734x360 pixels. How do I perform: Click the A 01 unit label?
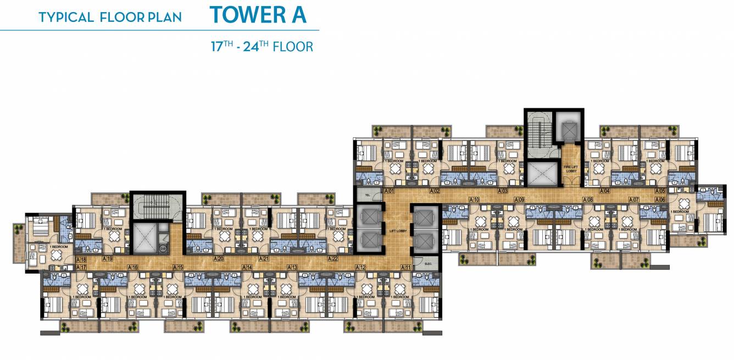point(390,191)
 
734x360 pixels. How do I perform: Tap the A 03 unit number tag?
point(502,191)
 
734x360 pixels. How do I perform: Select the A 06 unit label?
point(660,200)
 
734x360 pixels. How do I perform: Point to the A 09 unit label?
point(519,200)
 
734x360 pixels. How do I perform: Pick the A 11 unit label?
point(406,267)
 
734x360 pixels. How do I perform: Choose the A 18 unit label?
point(81,259)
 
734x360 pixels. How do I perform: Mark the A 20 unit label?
point(218,259)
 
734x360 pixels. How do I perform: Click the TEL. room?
point(362,194)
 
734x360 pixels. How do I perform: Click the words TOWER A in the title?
point(258,15)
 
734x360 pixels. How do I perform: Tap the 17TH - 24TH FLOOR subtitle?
point(262,46)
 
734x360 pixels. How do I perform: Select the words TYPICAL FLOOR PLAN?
point(110,17)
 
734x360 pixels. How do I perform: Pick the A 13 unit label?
point(292,267)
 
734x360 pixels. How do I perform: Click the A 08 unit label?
point(588,200)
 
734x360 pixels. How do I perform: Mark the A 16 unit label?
point(132,267)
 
